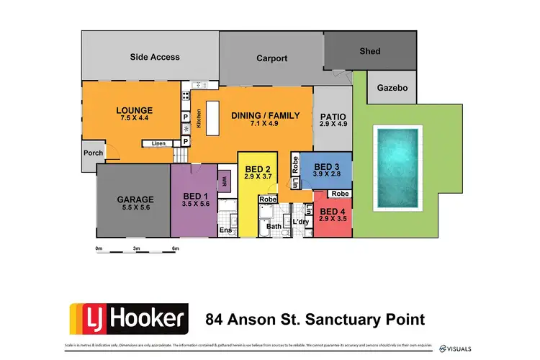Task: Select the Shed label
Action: pyautogui.click(x=370, y=51)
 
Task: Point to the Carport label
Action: pyautogui.click(x=271, y=58)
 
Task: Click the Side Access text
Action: pyautogui.click(x=155, y=57)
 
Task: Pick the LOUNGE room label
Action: pyautogui.click(x=135, y=111)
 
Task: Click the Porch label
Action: pyautogui.click(x=94, y=153)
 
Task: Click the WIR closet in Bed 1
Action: pyautogui.click(x=224, y=181)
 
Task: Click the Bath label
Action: pyautogui.click(x=274, y=226)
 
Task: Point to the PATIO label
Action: pyautogui.click(x=332, y=115)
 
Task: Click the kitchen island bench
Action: pyautogui.click(x=213, y=125)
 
